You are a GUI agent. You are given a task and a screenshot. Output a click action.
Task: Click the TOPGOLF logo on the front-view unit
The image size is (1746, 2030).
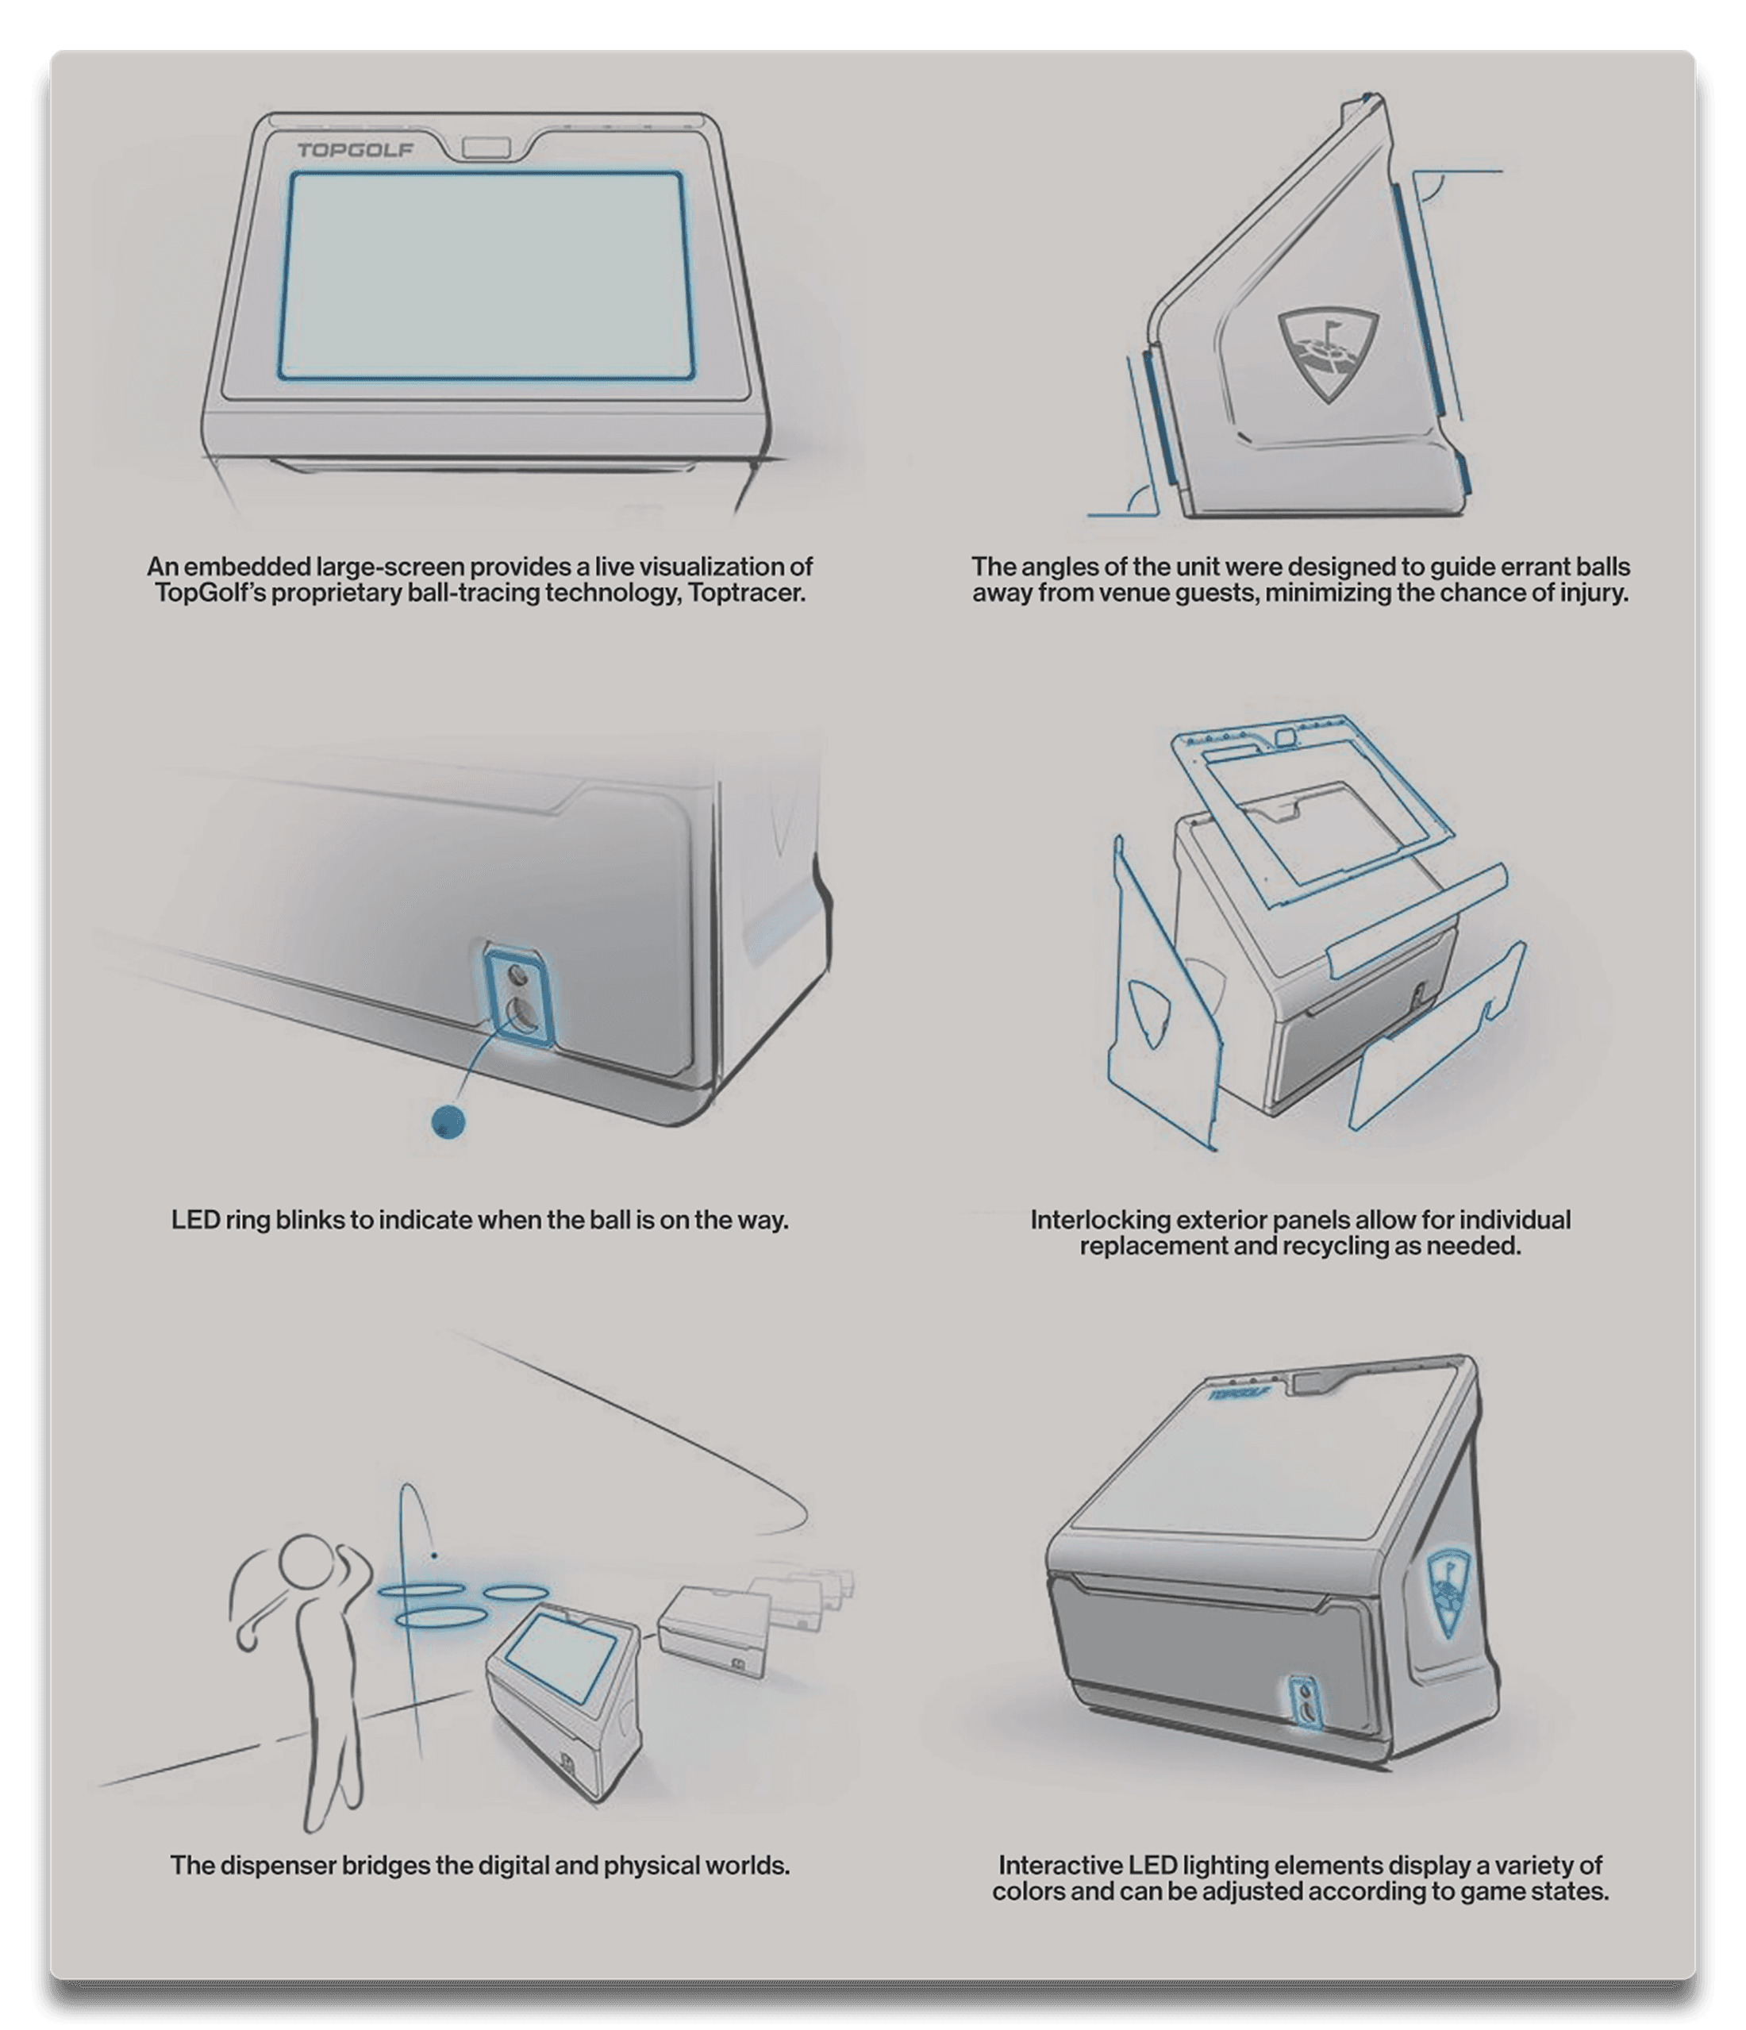click(x=355, y=150)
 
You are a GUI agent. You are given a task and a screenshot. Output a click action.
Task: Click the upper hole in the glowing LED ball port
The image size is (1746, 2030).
click(x=517, y=976)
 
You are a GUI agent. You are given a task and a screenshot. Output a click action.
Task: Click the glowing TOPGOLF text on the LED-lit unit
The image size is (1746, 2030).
click(x=1240, y=1394)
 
